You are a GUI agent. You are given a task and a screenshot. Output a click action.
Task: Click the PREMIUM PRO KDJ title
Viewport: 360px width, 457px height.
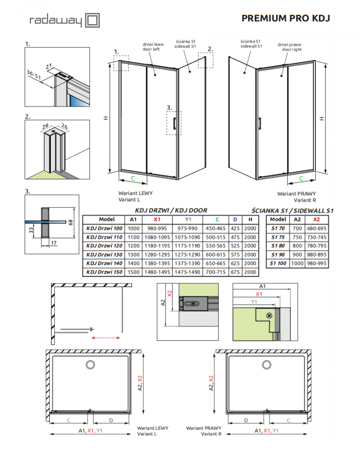pyautogui.click(x=286, y=18)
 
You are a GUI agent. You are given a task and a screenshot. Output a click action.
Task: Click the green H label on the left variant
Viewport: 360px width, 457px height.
pyautogui.click(x=105, y=118)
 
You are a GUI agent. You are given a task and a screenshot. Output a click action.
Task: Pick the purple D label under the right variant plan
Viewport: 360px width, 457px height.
pyautogui.click(x=246, y=421)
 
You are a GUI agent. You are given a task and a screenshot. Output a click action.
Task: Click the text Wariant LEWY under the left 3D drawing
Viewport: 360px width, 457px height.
pyautogui.click(x=135, y=193)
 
